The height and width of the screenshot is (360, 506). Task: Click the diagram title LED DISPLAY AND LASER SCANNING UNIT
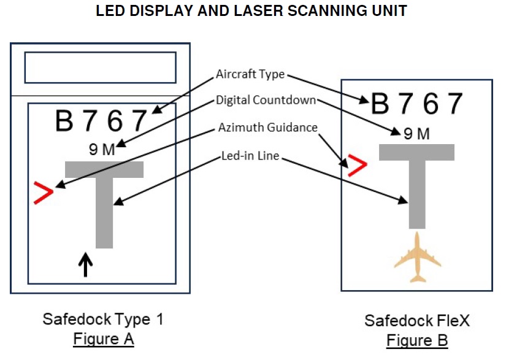tap(251, 12)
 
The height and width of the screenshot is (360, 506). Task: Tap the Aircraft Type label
tap(250, 74)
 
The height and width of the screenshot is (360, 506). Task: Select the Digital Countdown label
tap(266, 100)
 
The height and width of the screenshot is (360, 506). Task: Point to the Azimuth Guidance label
tap(268, 128)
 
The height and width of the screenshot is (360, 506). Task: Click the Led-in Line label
tap(250, 156)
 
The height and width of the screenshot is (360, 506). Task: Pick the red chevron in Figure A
tap(43, 192)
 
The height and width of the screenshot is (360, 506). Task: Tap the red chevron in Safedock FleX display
tap(356, 166)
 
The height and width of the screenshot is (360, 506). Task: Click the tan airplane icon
tap(418, 258)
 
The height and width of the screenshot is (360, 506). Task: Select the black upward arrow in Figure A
tap(86, 265)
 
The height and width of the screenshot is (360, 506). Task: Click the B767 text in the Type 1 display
tap(102, 121)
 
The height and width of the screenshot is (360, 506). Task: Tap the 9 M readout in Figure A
tap(102, 149)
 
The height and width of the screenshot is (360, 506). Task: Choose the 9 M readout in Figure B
tap(416, 134)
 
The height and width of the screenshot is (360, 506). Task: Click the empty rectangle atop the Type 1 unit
tap(101, 67)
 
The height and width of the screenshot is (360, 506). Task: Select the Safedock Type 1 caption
tap(103, 319)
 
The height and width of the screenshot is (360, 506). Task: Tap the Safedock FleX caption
tap(416, 321)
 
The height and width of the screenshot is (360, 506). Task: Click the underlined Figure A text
tap(103, 339)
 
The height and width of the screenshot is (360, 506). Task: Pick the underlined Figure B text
tap(416, 340)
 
